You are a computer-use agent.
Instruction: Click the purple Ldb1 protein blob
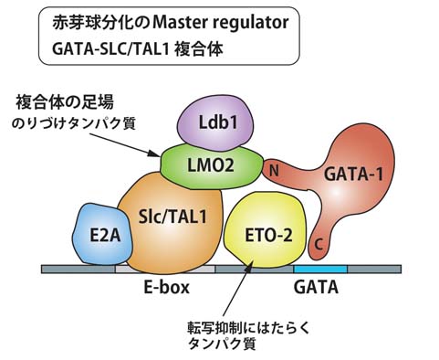215,122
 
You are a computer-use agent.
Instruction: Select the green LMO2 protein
211,166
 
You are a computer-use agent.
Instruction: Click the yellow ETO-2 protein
264,231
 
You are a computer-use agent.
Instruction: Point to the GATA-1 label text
353,175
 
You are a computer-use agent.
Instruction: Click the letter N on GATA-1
275,171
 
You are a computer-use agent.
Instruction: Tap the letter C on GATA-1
319,244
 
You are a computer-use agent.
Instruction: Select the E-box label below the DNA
166,287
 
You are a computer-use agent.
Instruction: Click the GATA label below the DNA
316,287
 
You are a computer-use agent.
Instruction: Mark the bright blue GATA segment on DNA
320,269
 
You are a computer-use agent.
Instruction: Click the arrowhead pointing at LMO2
154,154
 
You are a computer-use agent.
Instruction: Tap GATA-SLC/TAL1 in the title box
110,48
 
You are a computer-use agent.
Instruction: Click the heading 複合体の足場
64,102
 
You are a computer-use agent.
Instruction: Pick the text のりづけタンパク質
73,123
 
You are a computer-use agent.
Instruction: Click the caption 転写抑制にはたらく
248,328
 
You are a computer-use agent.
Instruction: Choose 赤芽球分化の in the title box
101,22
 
